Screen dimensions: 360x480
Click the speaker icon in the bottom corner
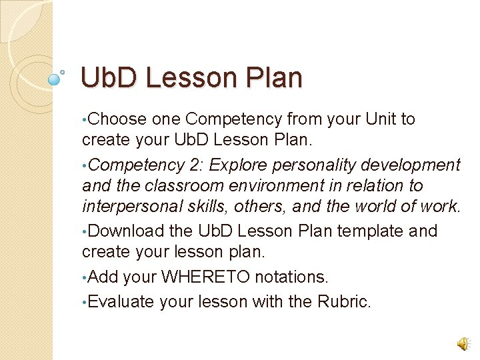point(462,343)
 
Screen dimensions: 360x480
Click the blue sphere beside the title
point(55,79)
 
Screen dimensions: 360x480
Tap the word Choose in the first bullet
point(117,119)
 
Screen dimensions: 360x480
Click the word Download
point(125,231)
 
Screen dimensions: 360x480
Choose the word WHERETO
point(207,277)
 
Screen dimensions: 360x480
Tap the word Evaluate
point(121,301)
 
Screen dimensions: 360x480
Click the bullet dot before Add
point(83,277)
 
